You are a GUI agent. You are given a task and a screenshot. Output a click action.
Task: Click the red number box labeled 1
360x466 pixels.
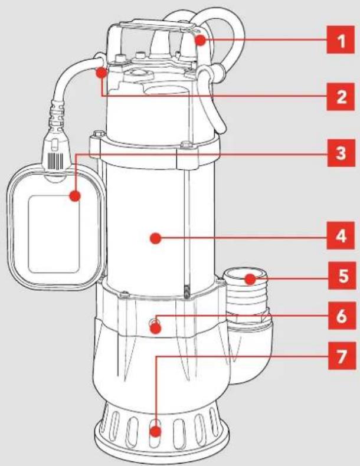(x=341, y=40)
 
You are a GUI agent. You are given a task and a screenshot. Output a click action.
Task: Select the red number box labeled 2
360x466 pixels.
(x=341, y=97)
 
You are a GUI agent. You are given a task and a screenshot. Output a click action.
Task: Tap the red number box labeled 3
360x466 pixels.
(x=341, y=153)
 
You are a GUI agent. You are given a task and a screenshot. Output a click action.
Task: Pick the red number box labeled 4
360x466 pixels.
(x=341, y=235)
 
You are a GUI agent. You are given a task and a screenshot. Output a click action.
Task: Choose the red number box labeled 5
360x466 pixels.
(x=342, y=275)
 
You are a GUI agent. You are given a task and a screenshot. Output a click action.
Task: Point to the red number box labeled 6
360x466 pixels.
(x=342, y=316)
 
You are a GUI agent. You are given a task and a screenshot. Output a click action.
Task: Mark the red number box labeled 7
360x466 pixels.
(x=342, y=356)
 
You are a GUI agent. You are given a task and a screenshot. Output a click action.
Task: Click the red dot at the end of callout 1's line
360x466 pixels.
(x=201, y=40)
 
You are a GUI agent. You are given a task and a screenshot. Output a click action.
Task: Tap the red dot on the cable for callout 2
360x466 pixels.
(x=102, y=73)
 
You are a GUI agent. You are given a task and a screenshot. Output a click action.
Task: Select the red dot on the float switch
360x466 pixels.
(x=75, y=196)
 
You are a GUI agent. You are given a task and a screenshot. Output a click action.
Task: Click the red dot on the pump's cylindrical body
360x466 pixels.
(x=155, y=238)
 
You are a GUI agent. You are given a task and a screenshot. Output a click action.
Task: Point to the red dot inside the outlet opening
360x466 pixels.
(x=251, y=279)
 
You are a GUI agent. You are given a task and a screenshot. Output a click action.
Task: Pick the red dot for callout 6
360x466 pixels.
(x=155, y=329)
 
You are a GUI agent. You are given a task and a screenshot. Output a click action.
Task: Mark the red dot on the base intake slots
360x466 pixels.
(x=155, y=431)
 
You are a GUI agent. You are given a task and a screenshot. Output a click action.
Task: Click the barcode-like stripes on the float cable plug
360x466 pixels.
(x=55, y=160)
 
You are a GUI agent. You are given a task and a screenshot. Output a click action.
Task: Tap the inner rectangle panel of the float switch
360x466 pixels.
(x=54, y=234)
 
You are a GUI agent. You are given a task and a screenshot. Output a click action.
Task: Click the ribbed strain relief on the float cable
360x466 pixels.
(x=57, y=114)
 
